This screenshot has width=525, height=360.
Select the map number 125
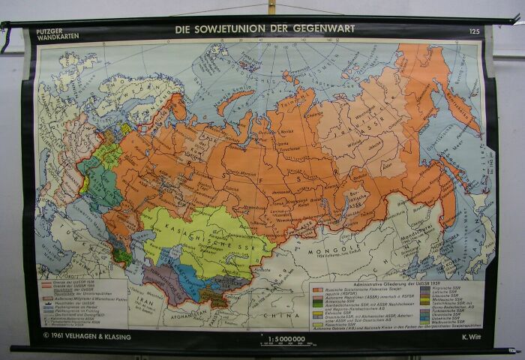tap(474, 31)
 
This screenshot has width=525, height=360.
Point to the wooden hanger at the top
tap(271, 7)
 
